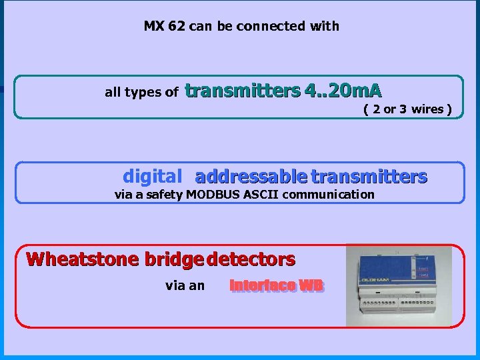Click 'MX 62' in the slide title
165,27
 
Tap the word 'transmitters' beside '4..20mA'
243,90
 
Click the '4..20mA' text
343,90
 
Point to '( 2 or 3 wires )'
407,109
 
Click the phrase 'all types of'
141,93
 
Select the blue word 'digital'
152,177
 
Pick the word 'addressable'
251,177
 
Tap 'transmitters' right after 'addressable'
369,177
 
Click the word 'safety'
164,195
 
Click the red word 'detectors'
251,259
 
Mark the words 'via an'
185,286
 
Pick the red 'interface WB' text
276,286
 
